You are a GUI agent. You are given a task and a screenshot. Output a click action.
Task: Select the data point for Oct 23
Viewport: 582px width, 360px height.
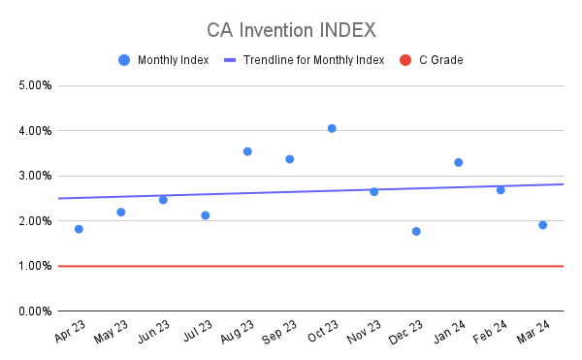pyautogui.click(x=332, y=128)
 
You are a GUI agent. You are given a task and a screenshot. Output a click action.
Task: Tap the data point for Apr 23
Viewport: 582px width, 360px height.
pyautogui.click(x=79, y=229)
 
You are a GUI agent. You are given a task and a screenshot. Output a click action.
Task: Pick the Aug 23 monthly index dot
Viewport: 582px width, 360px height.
pyautogui.click(x=247, y=151)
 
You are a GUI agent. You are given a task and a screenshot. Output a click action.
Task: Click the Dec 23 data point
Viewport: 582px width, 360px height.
pyautogui.click(x=416, y=231)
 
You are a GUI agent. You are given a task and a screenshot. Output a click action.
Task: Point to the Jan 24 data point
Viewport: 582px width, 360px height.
pyautogui.click(x=458, y=162)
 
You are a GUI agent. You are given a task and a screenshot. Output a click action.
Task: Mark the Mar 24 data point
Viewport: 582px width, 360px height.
pyautogui.click(x=542, y=225)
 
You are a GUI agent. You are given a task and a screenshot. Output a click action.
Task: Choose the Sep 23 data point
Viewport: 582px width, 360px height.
pyautogui.click(x=289, y=159)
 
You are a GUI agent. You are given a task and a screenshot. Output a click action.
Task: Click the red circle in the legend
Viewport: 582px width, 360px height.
pyautogui.click(x=406, y=60)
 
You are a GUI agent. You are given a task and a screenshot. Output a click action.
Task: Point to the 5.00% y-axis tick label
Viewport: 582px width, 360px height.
pyautogui.click(x=34, y=85)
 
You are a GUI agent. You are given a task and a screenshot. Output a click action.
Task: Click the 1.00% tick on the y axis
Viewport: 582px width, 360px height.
pyautogui.click(x=34, y=266)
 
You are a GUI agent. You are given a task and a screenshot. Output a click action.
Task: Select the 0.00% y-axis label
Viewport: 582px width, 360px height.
pyautogui.click(x=34, y=311)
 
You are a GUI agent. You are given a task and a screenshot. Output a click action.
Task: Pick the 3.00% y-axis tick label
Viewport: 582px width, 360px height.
pyautogui.click(x=34, y=176)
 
